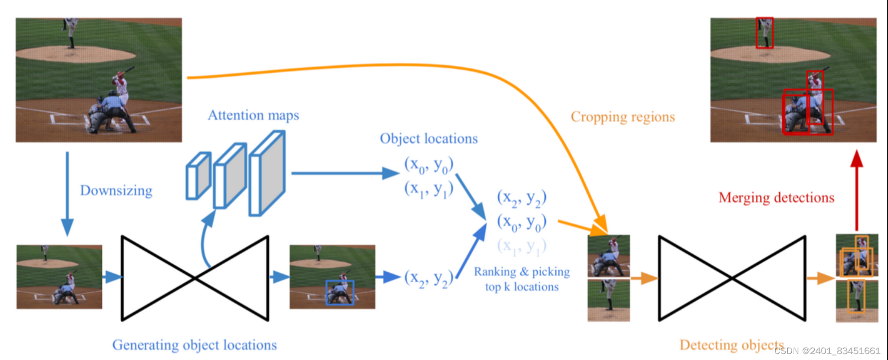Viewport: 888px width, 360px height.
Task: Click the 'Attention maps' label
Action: pyautogui.click(x=253, y=115)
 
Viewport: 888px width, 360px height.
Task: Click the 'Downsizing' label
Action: pyautogui.click(x=116, y=190)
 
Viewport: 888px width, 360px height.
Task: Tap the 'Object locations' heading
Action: pyautogui.click(x=429, y=139)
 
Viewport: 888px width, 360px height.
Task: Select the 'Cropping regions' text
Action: pyautogui.click(x=623, y=117)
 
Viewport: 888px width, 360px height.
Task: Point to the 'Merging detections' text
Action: pyautogui.click(x=776, y=197)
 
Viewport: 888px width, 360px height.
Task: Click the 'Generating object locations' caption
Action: pyautogui.click(x=194, y=345)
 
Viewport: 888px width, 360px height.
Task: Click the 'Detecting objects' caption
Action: pyautogui.click(x=731, y=345)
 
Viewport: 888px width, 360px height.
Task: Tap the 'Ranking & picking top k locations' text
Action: pyautogui.click(x=522, y=279)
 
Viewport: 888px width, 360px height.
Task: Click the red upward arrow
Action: pyautogui.click(x=857, y=189)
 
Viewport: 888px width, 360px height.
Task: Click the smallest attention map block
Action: pyautogui.click(x=198, y=176)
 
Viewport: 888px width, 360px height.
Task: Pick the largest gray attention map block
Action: pyautogui.click(x=268, y=173)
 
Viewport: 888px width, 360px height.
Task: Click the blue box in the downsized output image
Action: pyautogui.click(x=340, y=293)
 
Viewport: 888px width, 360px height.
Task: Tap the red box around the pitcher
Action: pyautogui.click(x=764, y=33)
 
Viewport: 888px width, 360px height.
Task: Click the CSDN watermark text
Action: pyautogui.click(x=827, y=351)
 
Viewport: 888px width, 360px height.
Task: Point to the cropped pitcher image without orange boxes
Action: pyautogui.click(x=609, y=300)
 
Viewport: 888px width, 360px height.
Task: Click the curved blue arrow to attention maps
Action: pyautogui.click(x=205, y=239)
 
